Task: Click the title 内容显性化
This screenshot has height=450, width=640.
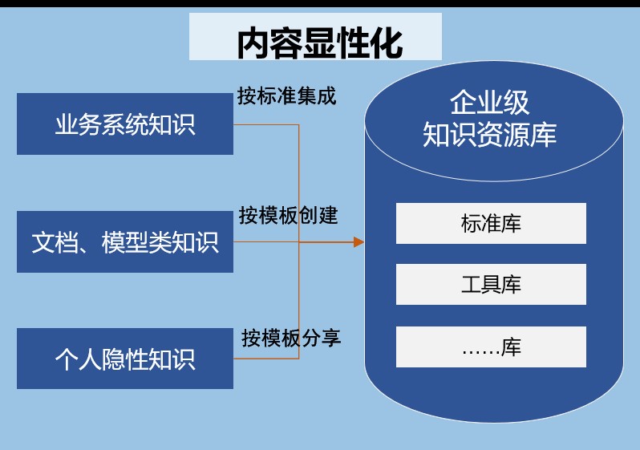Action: (x=320, y=43)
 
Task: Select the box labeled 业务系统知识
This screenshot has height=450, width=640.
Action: (x=125, y=124)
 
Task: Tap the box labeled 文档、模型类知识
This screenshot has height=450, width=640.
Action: (x=125, y=241)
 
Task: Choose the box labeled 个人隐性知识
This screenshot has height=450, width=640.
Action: (x=125, y=359)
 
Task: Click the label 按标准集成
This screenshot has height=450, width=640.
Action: (x=286, y=96)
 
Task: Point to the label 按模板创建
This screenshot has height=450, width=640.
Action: (x=288, y=215)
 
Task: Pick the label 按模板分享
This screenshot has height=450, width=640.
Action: (x=291, y=339)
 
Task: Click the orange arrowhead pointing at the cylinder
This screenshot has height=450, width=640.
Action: (x=358, y=242)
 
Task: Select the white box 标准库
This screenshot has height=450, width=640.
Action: (x=491, y=223)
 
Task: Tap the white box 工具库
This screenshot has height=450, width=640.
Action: (x=491, y=284)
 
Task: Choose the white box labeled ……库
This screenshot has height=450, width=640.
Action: (x=491, y=347)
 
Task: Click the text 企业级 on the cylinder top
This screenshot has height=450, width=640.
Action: (x=489, y=102)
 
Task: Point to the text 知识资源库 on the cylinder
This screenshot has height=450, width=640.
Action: (x=489, y=134)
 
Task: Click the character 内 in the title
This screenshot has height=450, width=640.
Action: (x=253, y=43)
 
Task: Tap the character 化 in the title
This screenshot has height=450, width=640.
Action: (x=387, y=43)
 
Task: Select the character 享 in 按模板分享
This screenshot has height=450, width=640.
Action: (x=331, y=339)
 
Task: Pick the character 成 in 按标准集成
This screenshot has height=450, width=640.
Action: (x=326, y=96)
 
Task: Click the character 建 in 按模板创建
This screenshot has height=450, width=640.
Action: (x=328, y=215)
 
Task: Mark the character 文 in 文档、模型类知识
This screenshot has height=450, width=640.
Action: (x=43, y=242)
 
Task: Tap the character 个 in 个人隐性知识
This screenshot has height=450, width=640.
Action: (x=67, y=359)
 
